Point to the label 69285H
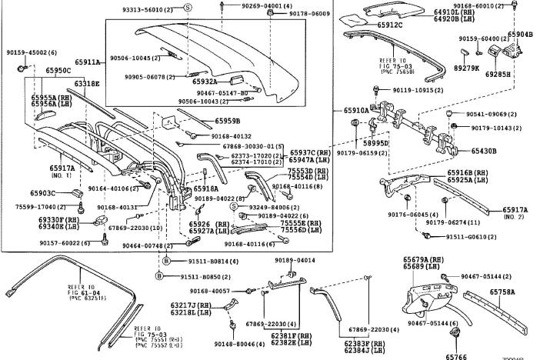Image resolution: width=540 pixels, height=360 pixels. click(x=520, y=74)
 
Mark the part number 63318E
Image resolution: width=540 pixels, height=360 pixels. click(x=87, y=83)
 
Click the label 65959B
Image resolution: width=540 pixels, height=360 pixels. click(x=227, y=121)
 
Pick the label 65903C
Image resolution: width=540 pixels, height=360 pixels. click(x=43, y=193)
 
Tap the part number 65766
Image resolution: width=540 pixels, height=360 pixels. click(x=456, y=355)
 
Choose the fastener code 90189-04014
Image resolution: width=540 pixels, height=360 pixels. click(x=295, y=260)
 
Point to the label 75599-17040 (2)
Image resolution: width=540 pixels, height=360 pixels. click(x=41, y=207)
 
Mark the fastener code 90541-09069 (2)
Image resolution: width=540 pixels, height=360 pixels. click(x=489, y=115)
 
